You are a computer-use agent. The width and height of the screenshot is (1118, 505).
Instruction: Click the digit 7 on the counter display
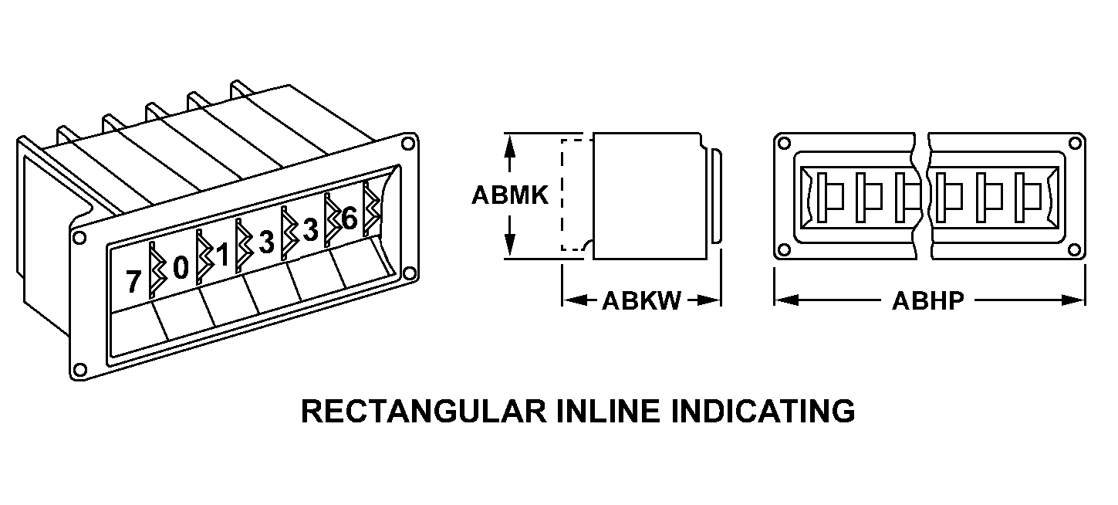[133, 283]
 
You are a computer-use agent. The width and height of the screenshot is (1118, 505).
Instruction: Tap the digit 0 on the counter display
[181, 268]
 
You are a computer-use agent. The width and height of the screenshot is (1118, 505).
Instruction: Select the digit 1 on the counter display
[223, 256]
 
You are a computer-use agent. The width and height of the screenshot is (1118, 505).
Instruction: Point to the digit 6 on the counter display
[349, 219]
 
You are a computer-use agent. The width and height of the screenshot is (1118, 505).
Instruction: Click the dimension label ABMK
[510, 195]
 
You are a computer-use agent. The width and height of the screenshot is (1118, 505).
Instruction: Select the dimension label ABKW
[641, 300]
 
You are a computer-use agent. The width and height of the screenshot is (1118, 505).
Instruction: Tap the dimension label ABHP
[928, 300]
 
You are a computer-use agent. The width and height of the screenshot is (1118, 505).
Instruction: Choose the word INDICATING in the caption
[764, 411]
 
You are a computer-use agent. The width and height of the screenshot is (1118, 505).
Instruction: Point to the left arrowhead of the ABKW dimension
[572, 300]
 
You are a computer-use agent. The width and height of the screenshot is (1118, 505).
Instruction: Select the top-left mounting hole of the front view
[785, 144]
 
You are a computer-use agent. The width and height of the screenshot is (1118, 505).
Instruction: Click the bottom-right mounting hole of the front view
[1075, 249]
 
